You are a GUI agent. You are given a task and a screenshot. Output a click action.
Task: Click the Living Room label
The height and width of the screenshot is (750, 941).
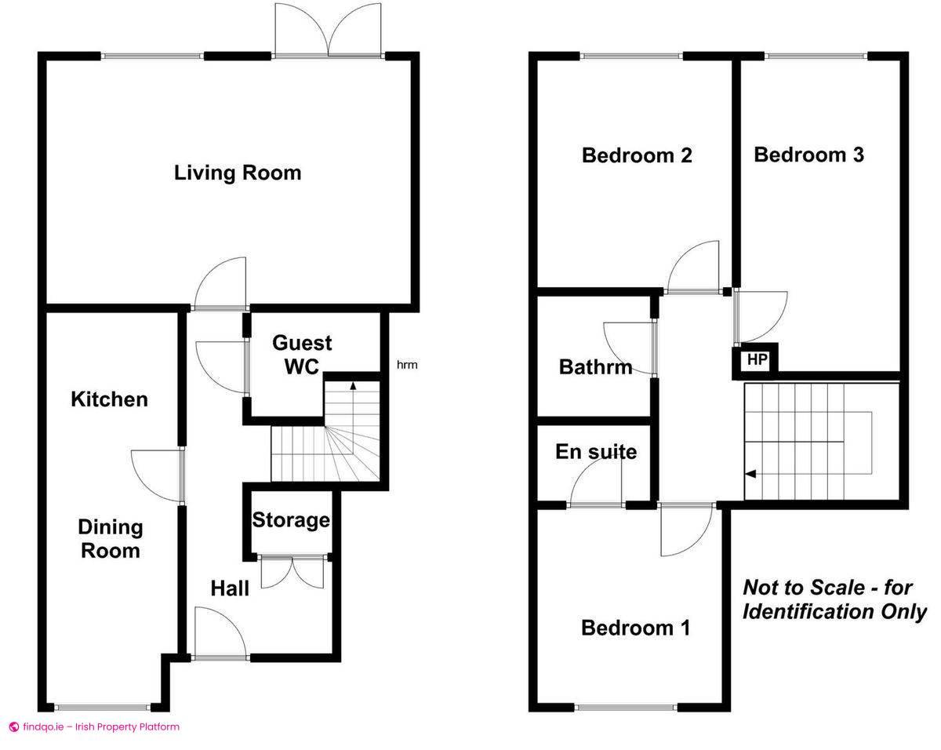point(238,173)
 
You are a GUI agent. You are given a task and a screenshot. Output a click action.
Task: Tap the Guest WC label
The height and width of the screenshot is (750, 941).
point(302,355)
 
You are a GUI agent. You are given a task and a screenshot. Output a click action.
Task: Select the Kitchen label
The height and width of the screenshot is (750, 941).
point(109,399)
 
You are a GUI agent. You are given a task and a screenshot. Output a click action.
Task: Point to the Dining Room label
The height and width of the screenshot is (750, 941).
point(111,539)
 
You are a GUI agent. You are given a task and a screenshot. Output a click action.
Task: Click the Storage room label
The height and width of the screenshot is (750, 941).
point(291,520)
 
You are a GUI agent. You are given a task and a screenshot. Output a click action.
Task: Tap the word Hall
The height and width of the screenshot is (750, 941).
point(230,588)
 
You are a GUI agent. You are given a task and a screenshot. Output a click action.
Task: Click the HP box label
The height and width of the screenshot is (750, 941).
point(757,359)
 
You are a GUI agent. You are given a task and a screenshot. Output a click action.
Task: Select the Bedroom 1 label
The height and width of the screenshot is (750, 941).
point(636,628)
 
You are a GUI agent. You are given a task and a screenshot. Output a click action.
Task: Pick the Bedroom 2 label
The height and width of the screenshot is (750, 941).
point(637,156)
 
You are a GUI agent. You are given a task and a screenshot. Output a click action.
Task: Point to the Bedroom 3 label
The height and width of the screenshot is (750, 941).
point(809,155)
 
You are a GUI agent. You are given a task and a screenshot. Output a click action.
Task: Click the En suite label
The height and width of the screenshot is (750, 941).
point(596,452)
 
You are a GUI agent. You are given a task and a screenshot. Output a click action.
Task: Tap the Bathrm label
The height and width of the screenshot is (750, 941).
point(595,367)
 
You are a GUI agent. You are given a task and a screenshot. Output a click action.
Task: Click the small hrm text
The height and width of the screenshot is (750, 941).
point(407,365)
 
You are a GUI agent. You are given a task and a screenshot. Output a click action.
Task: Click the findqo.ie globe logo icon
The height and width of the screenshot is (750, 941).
point(14,726)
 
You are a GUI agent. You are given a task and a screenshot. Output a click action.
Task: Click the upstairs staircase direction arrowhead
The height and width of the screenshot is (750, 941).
point(750,474)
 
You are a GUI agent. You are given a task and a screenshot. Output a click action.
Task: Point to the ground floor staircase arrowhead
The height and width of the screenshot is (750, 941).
point(353,385)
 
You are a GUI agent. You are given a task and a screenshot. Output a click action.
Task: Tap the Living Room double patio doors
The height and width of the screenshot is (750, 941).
point(328,30)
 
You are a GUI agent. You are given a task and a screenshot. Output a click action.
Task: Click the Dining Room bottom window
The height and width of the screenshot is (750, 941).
point(102,707)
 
